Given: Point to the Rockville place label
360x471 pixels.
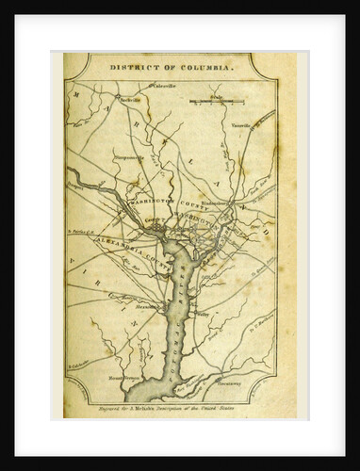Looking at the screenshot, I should coord(131,98).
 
